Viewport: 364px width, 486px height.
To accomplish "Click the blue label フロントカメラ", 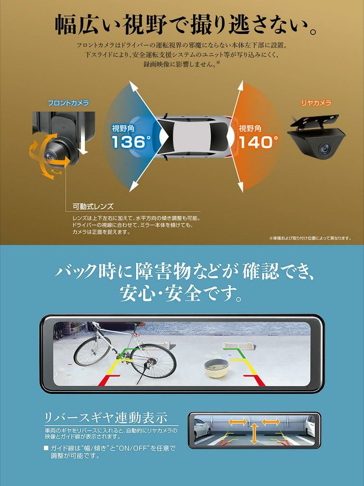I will (68, 103).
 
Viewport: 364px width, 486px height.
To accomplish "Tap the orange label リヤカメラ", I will (316, 103).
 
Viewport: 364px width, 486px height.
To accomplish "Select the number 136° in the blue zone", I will (129, 142).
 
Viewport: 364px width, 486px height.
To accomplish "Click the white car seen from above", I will (194, 137).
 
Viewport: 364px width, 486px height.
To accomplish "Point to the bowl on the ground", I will (216, 368).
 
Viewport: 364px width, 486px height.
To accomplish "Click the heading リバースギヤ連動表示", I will (106, 418).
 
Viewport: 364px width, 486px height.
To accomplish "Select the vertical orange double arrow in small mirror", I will (254, 434).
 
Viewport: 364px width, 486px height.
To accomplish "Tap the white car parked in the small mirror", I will (201, 430).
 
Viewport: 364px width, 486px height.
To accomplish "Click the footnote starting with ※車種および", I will (309, 238).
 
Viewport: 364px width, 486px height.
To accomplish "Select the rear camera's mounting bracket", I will (316, 121).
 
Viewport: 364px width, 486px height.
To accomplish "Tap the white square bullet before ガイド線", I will (46, 448).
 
